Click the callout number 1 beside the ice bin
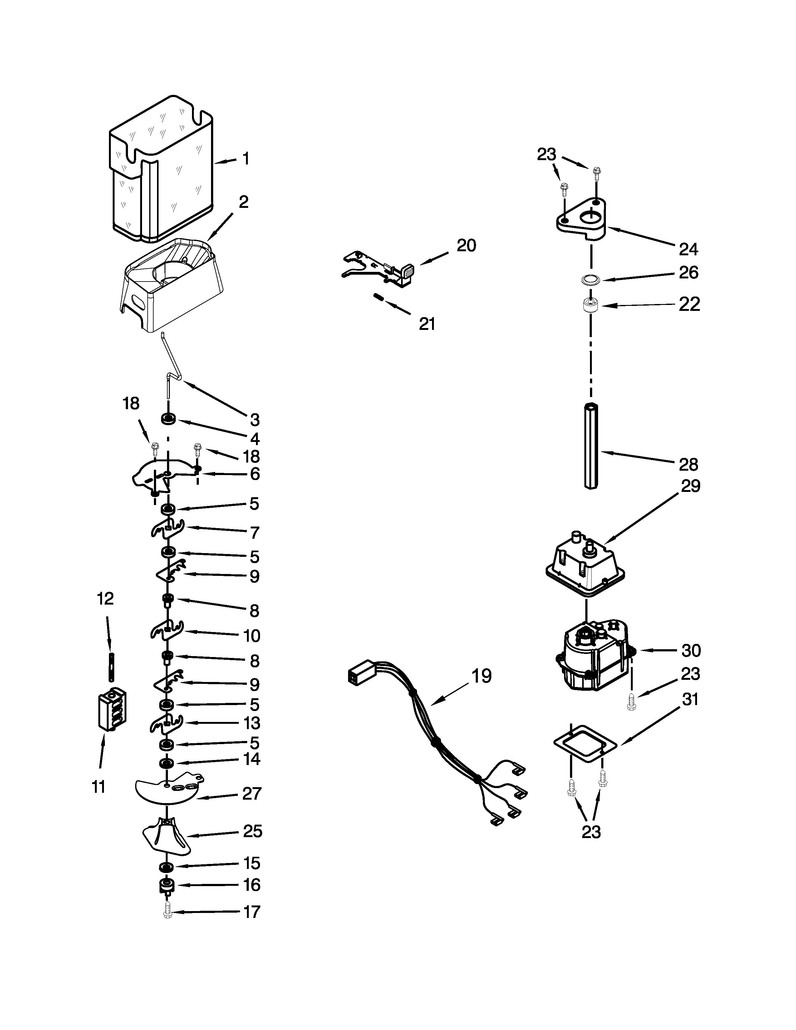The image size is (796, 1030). pos(246,159)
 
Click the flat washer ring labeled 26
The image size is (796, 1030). pos(589,280)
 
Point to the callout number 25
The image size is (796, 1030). pos(252,831)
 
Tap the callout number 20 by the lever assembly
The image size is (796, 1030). pos(466,245)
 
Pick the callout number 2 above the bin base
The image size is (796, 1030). pos(243,202)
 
